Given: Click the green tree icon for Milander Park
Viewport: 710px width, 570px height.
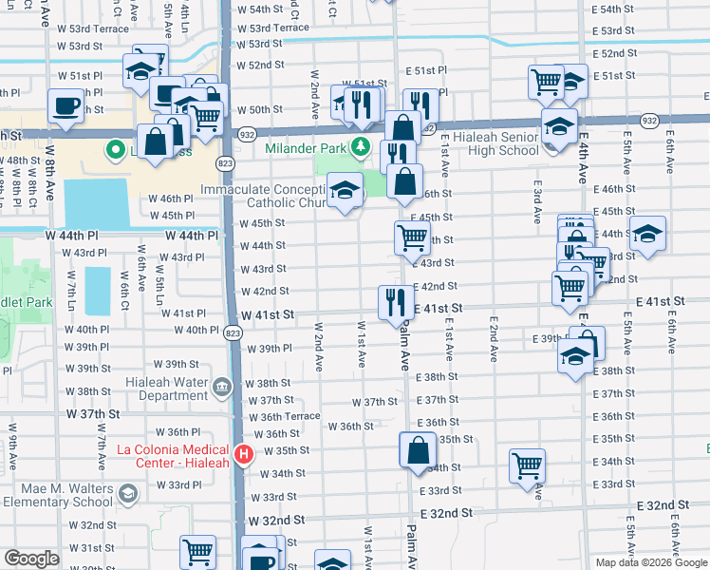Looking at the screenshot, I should (x=360, y=146).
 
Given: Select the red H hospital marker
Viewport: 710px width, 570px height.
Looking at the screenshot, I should (x=244, y=455).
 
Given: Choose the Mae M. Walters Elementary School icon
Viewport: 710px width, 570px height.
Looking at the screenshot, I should (x=127, y=494).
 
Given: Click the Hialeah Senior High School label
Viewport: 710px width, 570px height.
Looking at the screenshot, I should (x=491, y=143).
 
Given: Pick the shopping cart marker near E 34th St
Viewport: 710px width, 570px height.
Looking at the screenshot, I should (x=527, y=465).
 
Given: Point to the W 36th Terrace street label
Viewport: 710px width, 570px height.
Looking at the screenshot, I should (x=284, y=416).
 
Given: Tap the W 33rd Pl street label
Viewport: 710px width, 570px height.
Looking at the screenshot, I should (x=185, y=484).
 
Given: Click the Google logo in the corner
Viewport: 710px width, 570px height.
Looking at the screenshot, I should (x=31, y=559).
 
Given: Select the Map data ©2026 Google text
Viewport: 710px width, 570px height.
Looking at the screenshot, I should (x=650, y=562).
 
